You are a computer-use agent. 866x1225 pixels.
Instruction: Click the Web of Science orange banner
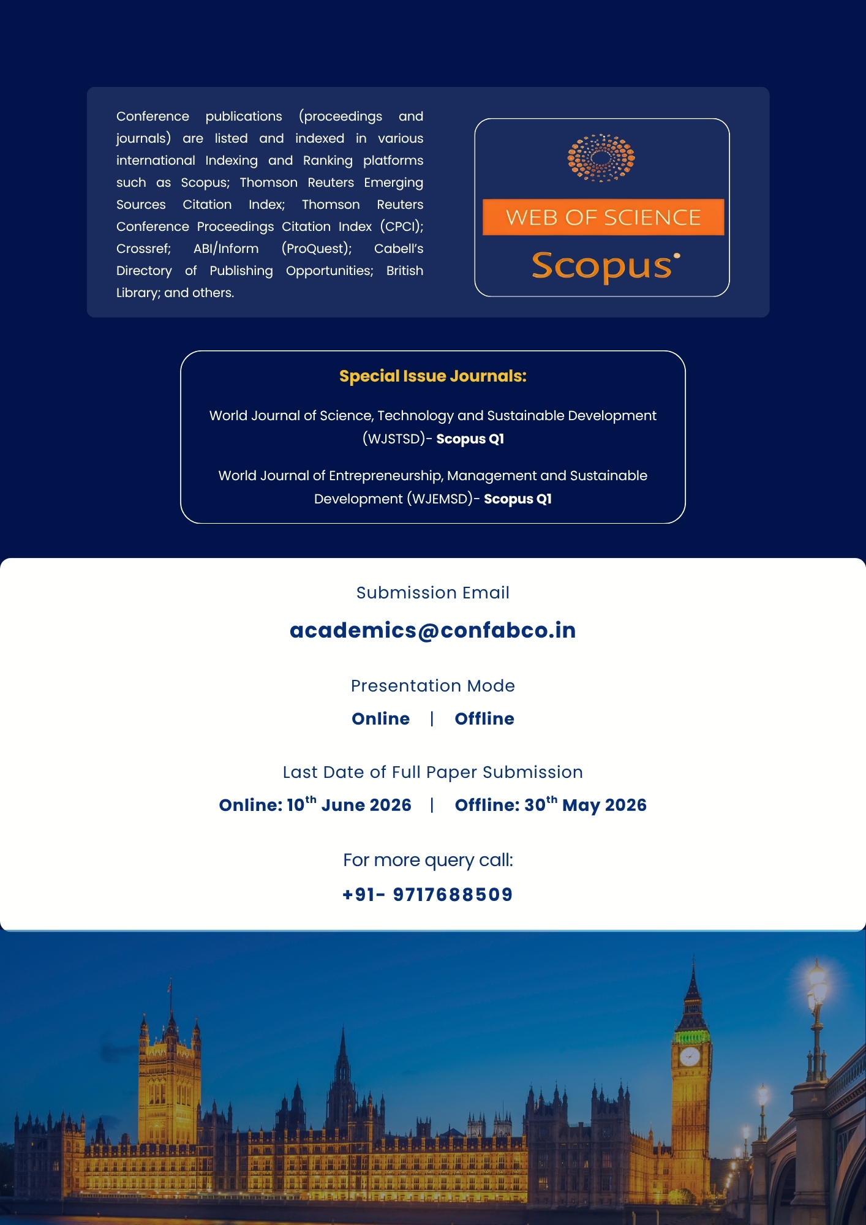(x=603, y=217)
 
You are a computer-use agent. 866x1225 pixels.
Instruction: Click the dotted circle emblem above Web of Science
(x=601, y=158)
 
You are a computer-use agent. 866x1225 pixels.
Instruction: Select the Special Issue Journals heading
(x=432, y=376)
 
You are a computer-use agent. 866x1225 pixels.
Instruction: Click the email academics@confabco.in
(x=432, y=630)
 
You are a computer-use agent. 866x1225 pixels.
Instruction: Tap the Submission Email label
(x=432, y=593)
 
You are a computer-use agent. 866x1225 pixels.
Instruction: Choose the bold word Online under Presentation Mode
(x=380, y=718)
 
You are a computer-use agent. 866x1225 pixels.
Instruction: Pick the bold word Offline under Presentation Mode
(x=484, y=718)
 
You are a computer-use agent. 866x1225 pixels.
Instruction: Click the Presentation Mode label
(x=432, y=686)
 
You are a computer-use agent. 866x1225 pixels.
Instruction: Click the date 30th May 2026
(x=585, y=805)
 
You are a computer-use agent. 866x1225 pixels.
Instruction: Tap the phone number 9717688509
(x=453, y=895)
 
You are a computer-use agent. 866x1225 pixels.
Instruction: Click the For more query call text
(x=427, y=861)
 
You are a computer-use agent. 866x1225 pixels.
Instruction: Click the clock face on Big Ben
(x=690, y=1057)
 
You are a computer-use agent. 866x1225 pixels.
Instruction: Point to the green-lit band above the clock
(x=691, y=1037)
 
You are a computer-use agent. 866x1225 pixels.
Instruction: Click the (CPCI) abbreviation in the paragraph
(x=401, y=227)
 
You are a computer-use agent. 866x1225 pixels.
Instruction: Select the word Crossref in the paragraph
(x=143, y=249)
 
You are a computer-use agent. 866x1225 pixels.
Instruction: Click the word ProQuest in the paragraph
(x=316, y=249)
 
